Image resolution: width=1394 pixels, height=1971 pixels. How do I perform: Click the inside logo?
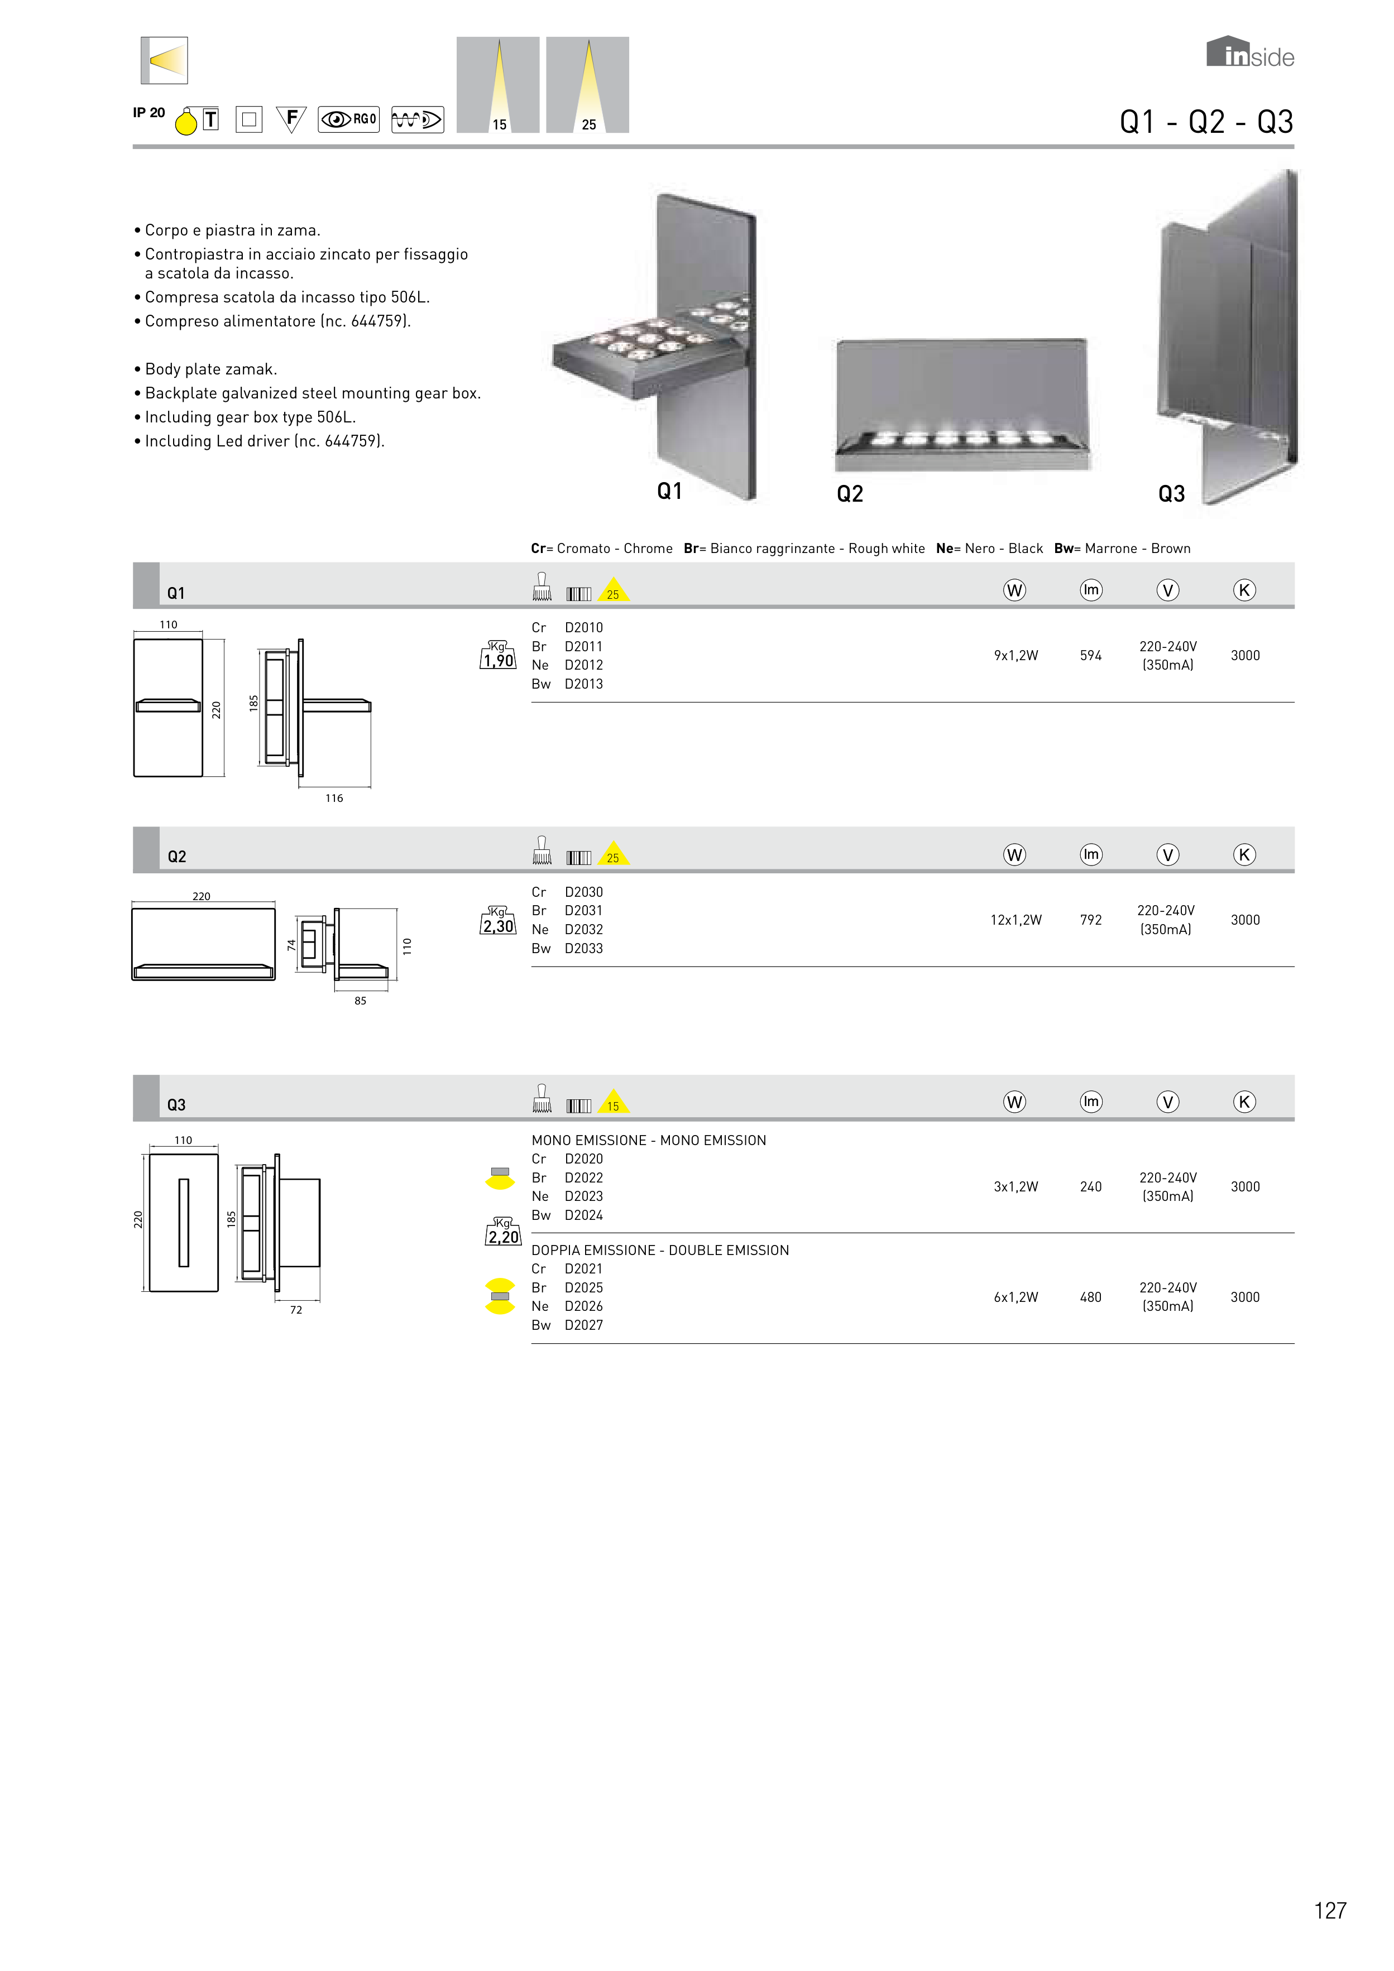1250,53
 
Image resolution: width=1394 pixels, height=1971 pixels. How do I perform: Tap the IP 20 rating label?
148,113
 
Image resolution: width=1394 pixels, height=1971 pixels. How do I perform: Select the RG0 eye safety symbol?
349,119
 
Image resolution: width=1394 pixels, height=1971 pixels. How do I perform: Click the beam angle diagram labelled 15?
498,85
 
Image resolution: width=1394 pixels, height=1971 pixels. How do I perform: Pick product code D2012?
583,665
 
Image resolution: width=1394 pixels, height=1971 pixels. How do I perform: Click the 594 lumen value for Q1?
1090,656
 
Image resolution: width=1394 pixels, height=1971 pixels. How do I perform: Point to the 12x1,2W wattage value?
1015,920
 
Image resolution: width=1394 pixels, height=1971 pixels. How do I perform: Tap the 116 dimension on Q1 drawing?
334,799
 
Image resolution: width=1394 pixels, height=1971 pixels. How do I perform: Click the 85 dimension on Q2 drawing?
360,1001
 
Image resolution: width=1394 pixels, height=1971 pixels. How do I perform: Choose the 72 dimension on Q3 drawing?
295,1310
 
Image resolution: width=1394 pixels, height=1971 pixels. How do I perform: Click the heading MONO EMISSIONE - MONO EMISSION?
649,1140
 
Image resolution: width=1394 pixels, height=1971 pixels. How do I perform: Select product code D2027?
583,1325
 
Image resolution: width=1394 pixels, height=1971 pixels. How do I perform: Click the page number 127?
1330,1911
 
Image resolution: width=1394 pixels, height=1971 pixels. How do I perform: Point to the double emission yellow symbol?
500,1296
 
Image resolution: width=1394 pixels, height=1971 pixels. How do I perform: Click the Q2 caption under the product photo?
850,494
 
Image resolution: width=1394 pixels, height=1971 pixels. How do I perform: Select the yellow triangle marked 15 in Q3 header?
613,1103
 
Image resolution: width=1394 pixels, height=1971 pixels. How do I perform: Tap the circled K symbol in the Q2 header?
1244,855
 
